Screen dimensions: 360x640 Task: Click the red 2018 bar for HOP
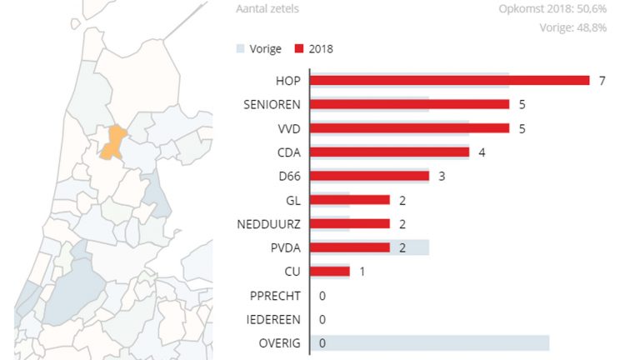(450, 80)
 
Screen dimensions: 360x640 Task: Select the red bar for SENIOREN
(410, 104)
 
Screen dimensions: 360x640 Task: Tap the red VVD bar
(410, 128)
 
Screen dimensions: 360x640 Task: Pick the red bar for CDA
(389, 152)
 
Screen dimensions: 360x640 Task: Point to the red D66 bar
(369, 176)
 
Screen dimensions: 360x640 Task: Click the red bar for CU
(330, 272)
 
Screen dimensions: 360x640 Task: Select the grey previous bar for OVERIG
(429, 343)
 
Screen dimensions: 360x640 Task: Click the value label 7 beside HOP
(602, 80)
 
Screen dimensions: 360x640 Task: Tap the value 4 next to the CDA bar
(482, 152)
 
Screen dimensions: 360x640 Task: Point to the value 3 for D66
(442, 176)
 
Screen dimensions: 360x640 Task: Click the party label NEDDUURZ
(268, 224)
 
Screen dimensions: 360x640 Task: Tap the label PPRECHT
(276, 296)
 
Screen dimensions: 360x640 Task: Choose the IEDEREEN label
(275, 319)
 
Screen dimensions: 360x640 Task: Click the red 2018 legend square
(300, 48)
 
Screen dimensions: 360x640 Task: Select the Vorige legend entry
(258, 48)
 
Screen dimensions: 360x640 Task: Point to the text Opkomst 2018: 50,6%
(552, 9)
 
